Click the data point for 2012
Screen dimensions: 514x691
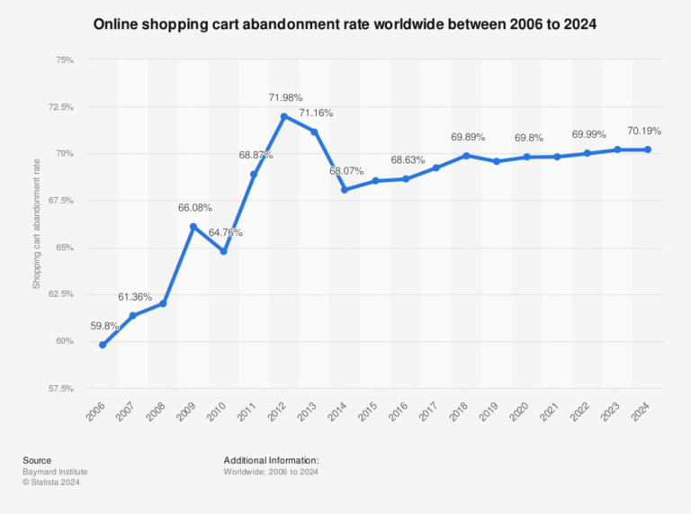click(283, 116)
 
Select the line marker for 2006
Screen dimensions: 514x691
click(103, 345)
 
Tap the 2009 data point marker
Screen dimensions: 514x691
click(193, 226)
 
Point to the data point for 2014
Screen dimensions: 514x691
click(345, 190)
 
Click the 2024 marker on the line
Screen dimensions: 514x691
click(648, 149)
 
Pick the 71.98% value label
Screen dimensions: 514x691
click(285, 97)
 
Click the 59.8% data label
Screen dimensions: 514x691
click(103, 326)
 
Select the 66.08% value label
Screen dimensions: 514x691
click(195, 207)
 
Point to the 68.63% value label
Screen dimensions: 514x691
click(408, 159)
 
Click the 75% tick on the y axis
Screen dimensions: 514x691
click(64, 60)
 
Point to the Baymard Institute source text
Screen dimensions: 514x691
click(55, 472)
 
